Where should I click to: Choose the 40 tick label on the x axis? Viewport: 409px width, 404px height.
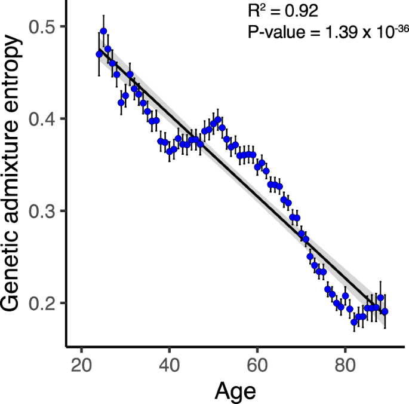pos(170,363)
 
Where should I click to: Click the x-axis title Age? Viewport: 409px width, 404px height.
pos(235,391)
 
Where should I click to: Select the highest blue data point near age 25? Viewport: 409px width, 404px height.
pos(103,31)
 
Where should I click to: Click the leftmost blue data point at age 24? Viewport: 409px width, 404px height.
pos(99,54)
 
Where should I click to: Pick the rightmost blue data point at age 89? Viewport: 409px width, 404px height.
pos(385,311)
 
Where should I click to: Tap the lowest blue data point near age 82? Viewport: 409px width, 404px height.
pos(354,322)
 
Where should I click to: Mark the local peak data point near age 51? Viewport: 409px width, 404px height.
pos(218,120)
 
